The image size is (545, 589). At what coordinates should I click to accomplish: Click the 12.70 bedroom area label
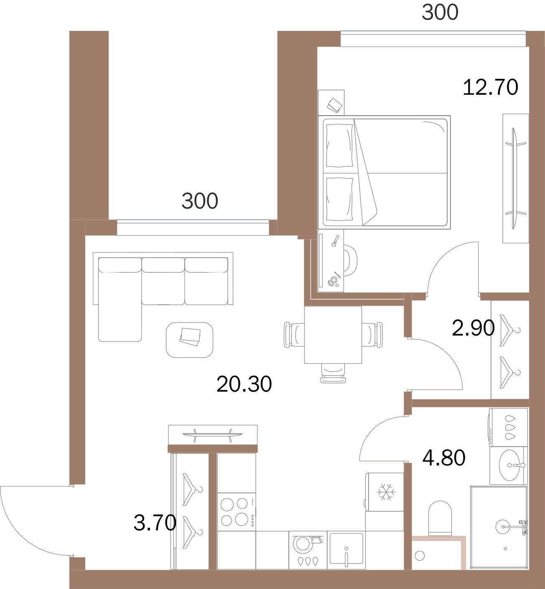coord(490,87)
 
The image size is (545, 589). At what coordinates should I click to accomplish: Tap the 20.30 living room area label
coord(244,384)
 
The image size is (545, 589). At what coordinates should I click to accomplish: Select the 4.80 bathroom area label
coord(444,458)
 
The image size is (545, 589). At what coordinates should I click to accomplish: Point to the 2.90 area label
coord(473,328)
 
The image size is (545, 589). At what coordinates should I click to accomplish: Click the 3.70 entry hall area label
coord(155,523)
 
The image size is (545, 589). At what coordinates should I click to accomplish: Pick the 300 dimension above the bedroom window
coord(440,12)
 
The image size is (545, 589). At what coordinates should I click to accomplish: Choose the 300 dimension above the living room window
coord(200,201)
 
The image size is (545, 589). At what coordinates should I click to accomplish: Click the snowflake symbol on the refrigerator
coord(386,492)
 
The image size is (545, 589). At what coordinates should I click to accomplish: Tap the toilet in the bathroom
coord(440,518)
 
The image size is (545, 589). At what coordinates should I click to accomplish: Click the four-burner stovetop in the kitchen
coord(237,512)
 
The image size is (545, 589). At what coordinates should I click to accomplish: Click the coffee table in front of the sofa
coord(189,340)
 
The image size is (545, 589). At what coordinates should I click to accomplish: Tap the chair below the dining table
coord(333,373)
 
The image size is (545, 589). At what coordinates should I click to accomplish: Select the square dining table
coord(333,335)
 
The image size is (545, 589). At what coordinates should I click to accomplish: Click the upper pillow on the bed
coord(339,145)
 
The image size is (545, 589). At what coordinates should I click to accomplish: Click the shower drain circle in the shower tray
coord(505,549)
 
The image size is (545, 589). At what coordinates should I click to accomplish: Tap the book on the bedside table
coord(335,105)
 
